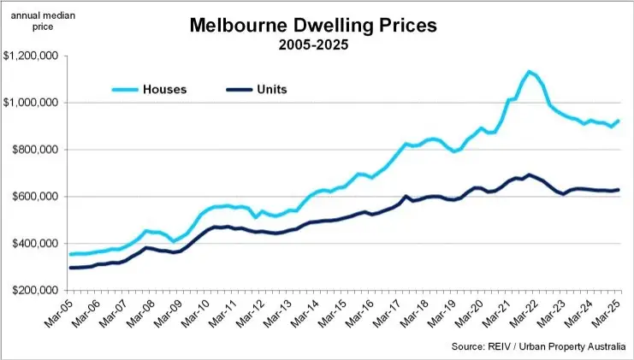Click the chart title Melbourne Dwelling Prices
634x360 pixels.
313,26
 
